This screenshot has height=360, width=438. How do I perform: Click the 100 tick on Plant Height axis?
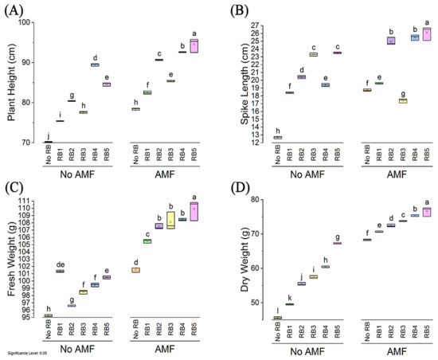pyautogui.click(x=34, y=22)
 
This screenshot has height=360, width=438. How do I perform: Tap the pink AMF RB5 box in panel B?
pyautogui.click(x=426, y=33)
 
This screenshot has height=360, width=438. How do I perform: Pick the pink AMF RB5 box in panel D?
pyautogui.click(x=426, y=212)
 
